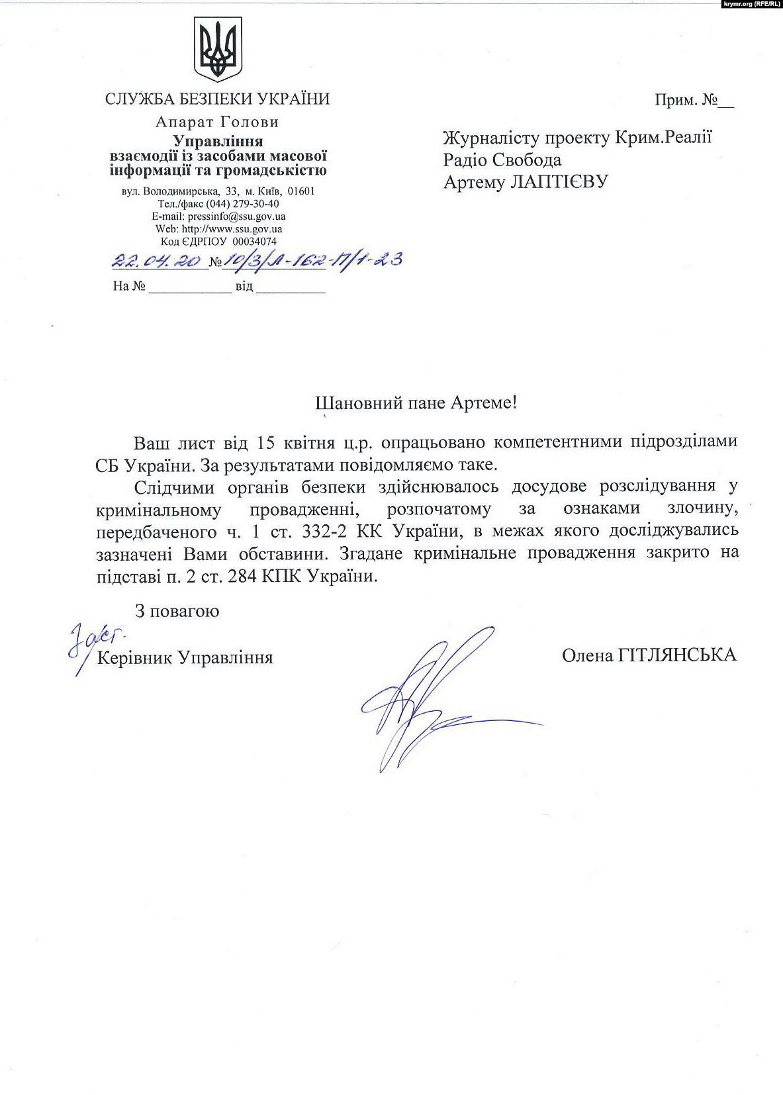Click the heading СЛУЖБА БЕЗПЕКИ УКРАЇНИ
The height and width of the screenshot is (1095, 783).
[x=217, y=99]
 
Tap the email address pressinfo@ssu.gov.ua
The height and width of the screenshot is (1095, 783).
[x=236, y=216]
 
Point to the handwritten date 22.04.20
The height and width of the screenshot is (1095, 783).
[x=157, y=260]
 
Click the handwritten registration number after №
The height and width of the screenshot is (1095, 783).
[x=312, y=260]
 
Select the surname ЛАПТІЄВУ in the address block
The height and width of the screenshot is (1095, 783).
[x=558, y=181]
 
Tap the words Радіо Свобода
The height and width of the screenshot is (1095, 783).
[x=502, y=160]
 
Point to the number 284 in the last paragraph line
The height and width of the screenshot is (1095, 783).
[x=242, y=577]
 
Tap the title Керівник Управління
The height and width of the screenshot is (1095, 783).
[x=185, y=658]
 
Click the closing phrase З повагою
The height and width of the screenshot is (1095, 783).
[x=177, y=610]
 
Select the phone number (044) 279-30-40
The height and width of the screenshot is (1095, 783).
[x=242, y=204]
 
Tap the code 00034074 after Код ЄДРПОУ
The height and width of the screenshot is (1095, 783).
[x=255, y=242]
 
